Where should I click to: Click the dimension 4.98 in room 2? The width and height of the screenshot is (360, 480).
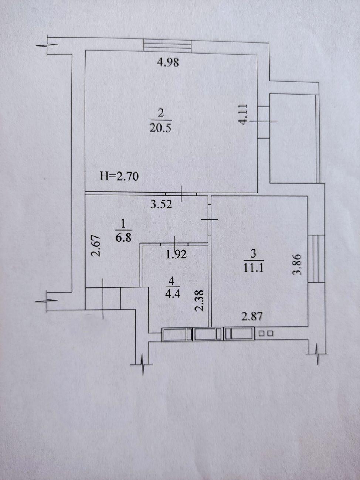click(x=168, y=62)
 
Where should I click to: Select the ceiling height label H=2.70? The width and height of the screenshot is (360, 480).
click(x=119, y=176)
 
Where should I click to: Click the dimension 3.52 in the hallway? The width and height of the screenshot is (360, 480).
click(x=162, y=204)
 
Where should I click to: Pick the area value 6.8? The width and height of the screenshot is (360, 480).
click(x=123, y=237)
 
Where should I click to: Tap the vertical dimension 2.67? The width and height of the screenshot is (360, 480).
click(x=95, y=246)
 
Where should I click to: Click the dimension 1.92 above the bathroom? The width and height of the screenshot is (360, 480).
click(x=176, y=254)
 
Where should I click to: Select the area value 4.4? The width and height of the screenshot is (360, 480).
click(x=173, y=294)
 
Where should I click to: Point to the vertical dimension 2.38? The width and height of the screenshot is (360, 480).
click(x=199, y=300)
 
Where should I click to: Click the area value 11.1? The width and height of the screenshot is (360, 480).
click(x=254, y=268)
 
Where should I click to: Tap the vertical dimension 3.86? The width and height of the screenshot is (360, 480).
click(x=297, y=264)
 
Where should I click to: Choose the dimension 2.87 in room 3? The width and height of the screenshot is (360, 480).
click(x=252, y=316)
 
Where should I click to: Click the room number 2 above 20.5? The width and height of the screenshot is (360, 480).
click(x=161, y=113)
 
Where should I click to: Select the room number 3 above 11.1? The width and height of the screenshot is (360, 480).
click(x=253, y=253)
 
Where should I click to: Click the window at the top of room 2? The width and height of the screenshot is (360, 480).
click(x=167, y=46)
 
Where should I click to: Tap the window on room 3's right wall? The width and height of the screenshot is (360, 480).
click(x=316, y=259)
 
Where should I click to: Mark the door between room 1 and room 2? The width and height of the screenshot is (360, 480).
click(x=181, y=194)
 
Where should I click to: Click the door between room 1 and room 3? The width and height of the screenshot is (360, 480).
click(x=210, y=219)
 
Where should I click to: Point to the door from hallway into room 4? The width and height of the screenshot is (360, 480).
click(x=174, y=244)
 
